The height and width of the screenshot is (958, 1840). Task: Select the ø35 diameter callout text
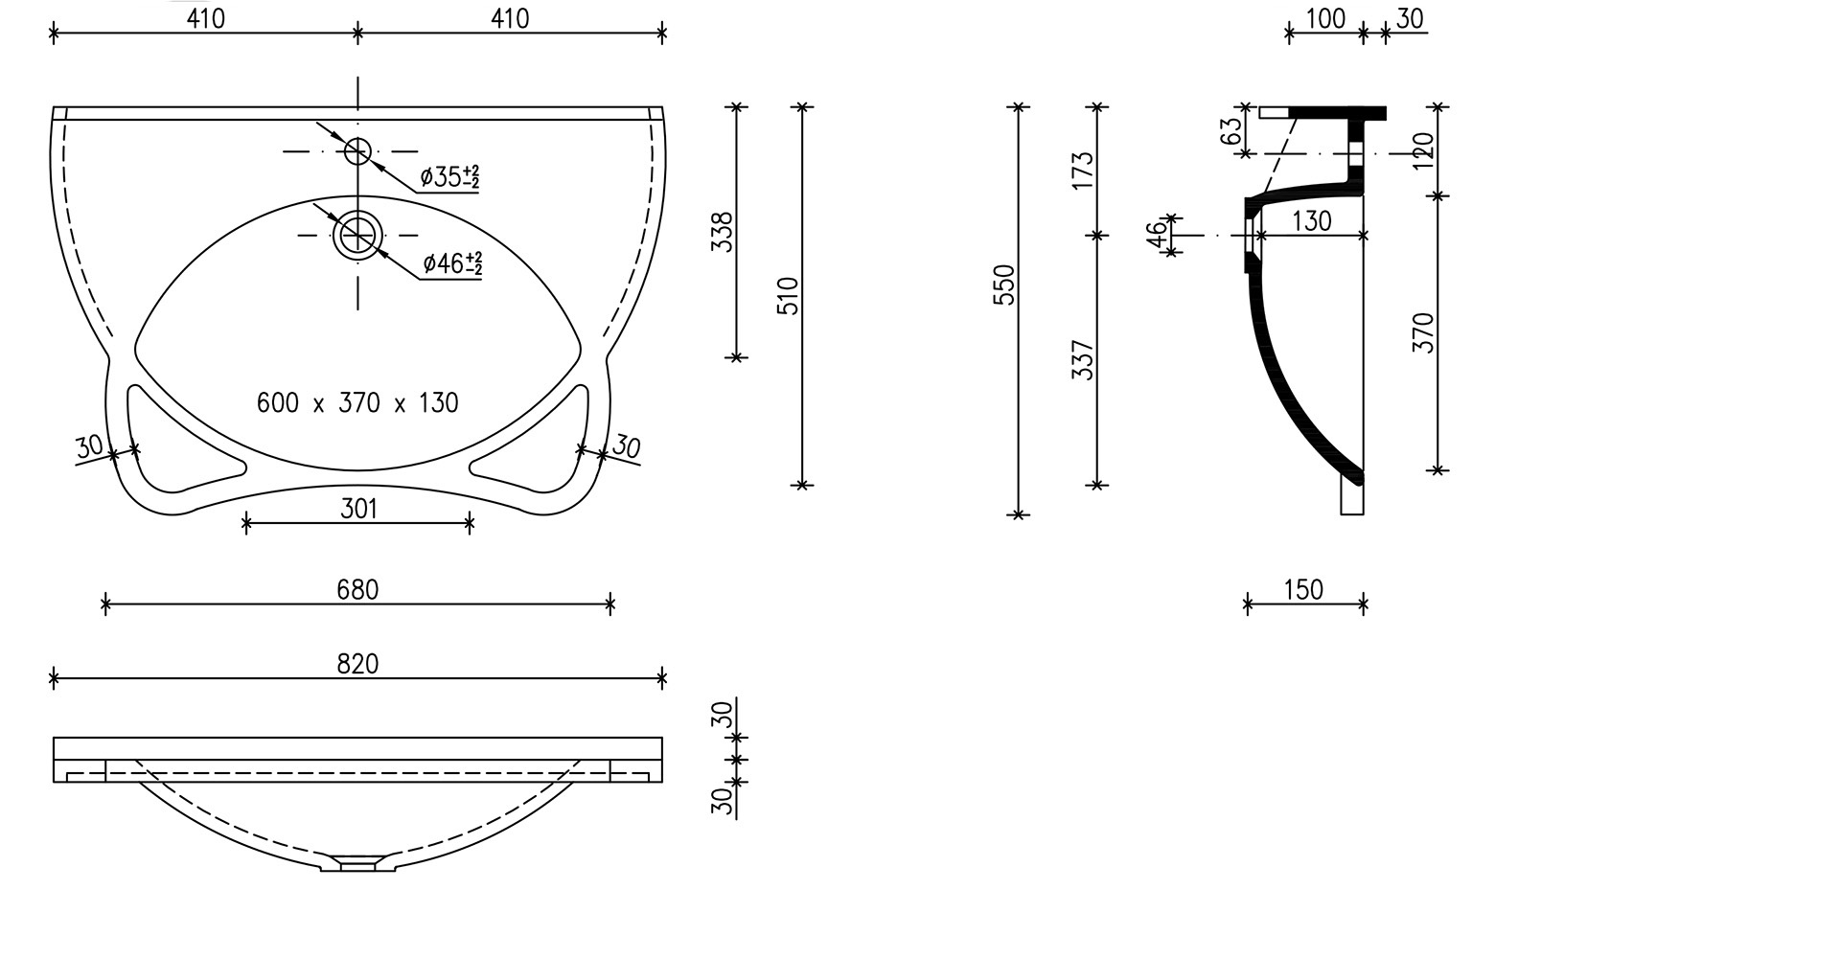click(x=450, y=176)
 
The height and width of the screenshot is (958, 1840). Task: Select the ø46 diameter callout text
click(x=452, y=262)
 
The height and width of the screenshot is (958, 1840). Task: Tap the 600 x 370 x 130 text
click(x=357, y=402)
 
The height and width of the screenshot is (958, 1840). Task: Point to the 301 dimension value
click(x=358, y=509)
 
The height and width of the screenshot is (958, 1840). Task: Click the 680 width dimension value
click(x=357, y=589)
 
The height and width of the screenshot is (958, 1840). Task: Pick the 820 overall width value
click(x=357, y=664)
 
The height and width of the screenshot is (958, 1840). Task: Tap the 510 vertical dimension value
click(x=789, y=296)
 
